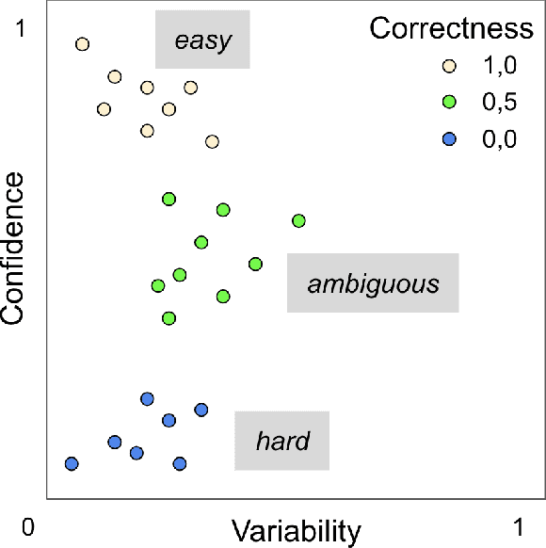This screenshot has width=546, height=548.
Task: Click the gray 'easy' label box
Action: (202, 40)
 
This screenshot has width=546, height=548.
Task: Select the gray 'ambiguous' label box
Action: (373, 282)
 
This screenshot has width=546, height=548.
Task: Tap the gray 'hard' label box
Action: (281, 440)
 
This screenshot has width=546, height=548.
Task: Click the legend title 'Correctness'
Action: (452, 28)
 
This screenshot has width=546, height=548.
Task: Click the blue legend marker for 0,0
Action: (449, 138)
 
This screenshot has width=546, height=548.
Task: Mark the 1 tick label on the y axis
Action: (28, 29)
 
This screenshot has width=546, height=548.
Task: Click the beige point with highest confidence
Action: (82, 44)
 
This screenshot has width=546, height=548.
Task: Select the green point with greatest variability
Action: (298, 220)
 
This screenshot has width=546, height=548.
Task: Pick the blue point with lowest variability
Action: (72, 463)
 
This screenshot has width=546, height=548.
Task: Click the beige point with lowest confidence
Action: (212, 141)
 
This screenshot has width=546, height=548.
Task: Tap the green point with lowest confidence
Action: (169, 318)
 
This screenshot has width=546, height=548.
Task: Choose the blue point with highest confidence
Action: (147, 398)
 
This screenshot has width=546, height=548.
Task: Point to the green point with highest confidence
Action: (169, 199)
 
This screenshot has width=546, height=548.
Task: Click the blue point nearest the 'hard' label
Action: (201, 410)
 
